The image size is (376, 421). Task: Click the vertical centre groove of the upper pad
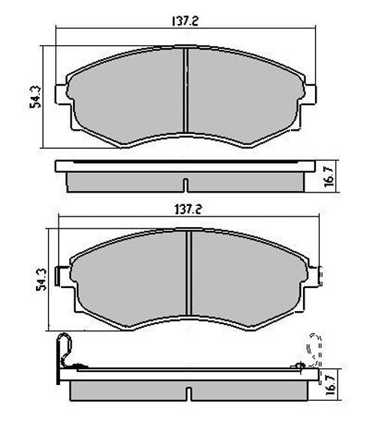point(185,95)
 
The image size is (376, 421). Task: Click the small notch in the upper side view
point(185,184)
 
